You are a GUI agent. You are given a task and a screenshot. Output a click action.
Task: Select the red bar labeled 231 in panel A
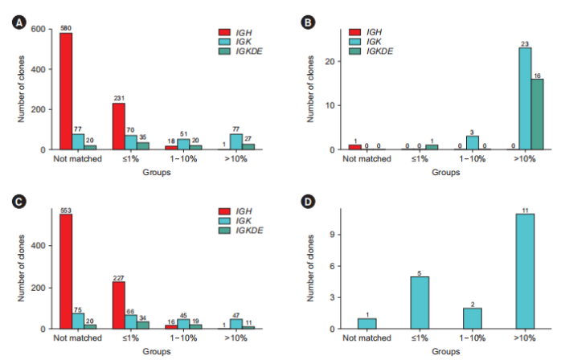[118, 126]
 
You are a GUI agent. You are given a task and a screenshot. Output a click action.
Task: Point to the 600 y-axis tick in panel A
[38, 29]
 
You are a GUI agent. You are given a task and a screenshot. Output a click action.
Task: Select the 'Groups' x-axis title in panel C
[156, 350]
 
